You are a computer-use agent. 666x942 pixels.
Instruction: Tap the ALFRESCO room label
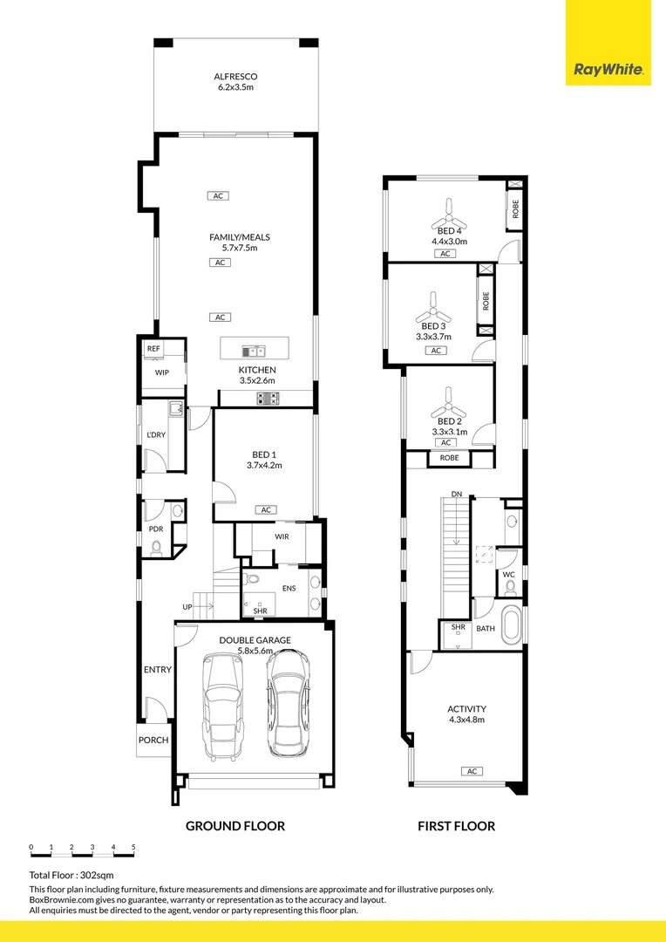(x=235, y=82)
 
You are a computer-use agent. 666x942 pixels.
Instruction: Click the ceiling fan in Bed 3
(x=433, y=310)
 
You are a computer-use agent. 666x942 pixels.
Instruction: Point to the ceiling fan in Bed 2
(x=450, y=402)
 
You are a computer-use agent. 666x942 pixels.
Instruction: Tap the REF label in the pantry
(x=153, y=349)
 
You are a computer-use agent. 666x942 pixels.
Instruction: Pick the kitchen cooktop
(x=268, y=399)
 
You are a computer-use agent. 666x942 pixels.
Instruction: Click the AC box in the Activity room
(x=472, y=771)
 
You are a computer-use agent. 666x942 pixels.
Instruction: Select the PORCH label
(x=153, y=741)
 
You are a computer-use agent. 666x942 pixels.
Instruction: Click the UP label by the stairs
(x=187, y=607)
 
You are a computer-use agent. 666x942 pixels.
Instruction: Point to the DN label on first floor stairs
(x=456, y=495)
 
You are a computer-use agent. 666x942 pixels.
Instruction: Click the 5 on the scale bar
(x=133, y=847)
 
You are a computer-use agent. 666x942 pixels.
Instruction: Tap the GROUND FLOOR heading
(x=235, y=826)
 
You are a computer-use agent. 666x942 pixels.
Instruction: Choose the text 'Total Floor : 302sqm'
(x=71, y=874)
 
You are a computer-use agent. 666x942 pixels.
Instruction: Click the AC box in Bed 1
(x=266, y=510)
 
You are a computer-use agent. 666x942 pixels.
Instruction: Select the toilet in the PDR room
(x=156, y=548)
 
